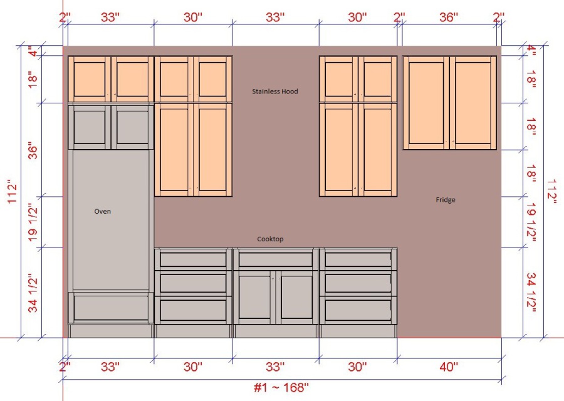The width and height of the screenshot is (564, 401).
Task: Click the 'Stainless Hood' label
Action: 275,91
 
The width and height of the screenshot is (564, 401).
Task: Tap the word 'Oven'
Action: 103,211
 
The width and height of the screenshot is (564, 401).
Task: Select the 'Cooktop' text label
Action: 270,239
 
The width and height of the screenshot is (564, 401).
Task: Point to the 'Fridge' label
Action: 446,200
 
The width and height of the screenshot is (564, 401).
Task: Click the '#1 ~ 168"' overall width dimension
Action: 281,387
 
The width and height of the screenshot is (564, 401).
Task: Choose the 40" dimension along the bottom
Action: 449,367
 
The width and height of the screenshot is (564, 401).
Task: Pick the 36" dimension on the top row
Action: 449,17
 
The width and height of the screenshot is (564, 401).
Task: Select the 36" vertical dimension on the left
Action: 33,152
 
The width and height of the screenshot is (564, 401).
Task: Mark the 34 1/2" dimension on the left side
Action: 33,293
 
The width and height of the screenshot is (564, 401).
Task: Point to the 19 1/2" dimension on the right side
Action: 531,222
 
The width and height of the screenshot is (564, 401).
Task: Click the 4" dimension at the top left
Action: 33,51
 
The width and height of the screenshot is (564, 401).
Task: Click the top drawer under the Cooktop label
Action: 276,259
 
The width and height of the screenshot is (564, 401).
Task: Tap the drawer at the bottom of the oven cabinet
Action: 111,308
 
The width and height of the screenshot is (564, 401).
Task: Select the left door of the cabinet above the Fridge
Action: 426,103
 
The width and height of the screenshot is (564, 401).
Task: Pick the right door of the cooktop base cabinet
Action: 297,297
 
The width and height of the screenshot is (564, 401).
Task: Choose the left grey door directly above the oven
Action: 89,127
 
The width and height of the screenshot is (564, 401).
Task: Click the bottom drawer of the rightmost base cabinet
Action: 358,310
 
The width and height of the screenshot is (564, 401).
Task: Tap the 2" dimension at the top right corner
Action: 499,17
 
